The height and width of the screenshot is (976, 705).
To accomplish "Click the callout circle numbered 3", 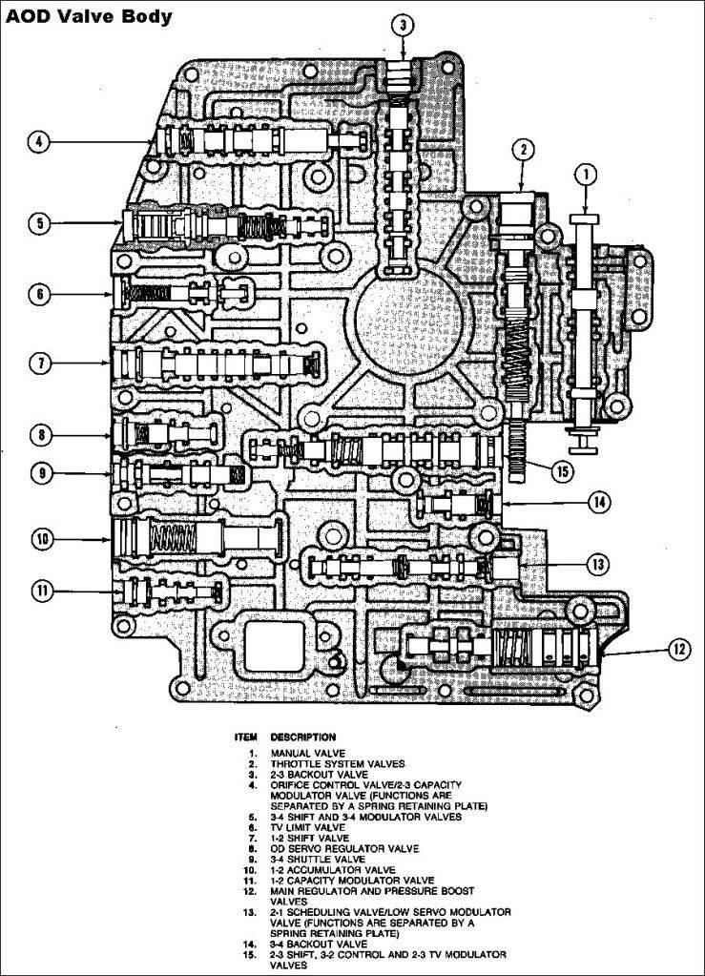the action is [x=404, y=25].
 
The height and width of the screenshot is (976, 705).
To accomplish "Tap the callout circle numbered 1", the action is [x=585, y=175].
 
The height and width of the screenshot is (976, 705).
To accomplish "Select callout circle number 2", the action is [x=524, y=150].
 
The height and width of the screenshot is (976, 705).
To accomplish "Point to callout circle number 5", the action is [x=40, y=223].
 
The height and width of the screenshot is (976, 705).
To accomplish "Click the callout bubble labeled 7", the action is [x=41, y=363].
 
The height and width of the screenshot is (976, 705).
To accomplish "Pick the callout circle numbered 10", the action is [x=43, y=538].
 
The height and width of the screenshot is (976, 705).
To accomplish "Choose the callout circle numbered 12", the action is [x=679, y=650].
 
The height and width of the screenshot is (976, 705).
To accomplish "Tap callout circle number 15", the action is [x=562, y=471].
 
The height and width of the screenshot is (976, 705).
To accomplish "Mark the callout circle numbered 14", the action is [x=599, y=503].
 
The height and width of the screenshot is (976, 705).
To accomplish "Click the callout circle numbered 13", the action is [x=598, y=565].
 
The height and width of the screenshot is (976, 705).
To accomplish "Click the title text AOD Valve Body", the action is [x=89, y=17].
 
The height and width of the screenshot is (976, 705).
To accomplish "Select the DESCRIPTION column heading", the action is [x=303, y=737].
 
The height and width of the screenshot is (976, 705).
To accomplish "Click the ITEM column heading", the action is [x=246, y=737].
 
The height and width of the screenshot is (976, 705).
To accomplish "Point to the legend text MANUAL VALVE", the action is [x=307, y=753].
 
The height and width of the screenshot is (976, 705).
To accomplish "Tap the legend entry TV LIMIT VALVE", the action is [x=307, y=827].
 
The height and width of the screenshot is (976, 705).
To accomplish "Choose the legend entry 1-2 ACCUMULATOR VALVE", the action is [x=332, y=869].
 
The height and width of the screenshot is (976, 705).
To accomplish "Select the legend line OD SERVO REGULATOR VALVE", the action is [x=344, y=848].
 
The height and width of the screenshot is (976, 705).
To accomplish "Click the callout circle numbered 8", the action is [x=41, y=434].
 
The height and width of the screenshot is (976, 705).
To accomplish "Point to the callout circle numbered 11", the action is [x=43, y=591].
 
